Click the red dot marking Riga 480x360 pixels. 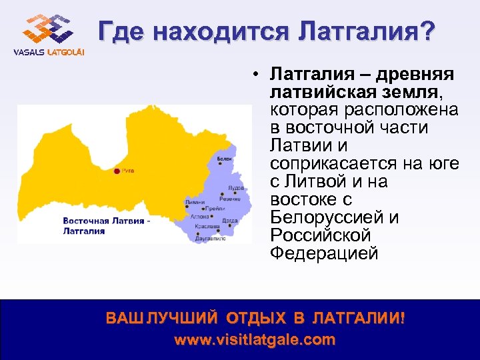click(117, 171)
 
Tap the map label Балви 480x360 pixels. click(224, 159)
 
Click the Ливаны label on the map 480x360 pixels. click(195, 200)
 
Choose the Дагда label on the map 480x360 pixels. click(230, 220)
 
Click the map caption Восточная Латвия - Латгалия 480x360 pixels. click(106, 226)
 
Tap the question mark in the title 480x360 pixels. click(425, 31)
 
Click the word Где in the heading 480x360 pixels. click(121, 31)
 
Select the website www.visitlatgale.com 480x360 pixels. click(255, 339)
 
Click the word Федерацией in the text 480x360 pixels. click(325, 254)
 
